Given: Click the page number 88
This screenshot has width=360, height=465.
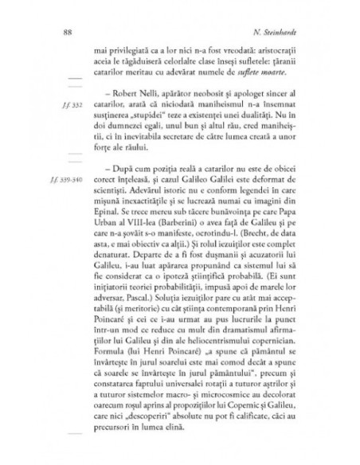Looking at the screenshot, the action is coord(66,33).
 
